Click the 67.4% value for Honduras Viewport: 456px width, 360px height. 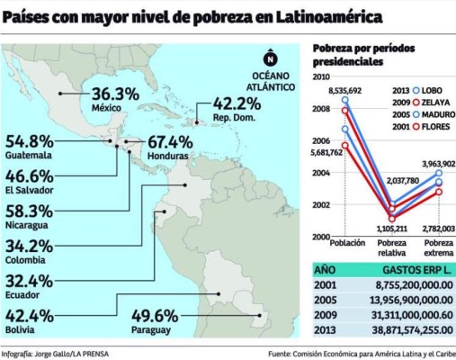[x=171, y=142]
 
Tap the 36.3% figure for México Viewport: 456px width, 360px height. [x=113, y=94]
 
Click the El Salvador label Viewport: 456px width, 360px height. [x=29, y=191]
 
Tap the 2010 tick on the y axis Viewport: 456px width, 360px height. [x=320, y=77]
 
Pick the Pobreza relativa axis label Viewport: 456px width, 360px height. [x=391, y=248]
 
